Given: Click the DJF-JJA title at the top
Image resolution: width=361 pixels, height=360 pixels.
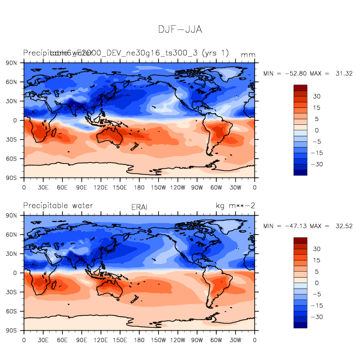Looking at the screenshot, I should coord(180,29).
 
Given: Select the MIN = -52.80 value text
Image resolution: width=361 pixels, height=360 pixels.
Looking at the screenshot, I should coord(286,73).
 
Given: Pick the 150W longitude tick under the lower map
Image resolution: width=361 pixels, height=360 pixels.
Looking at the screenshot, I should coord(158,340).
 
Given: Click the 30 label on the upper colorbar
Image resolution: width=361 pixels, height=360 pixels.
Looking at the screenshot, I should coord(317,96).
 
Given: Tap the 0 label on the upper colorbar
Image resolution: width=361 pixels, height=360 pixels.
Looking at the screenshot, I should coord(317,130).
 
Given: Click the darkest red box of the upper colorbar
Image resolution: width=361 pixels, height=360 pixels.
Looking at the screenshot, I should coord(300,87).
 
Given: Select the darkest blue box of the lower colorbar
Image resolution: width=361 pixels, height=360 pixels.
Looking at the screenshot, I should coord(300,325).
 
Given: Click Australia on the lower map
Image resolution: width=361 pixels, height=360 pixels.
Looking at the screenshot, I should coord(112,286).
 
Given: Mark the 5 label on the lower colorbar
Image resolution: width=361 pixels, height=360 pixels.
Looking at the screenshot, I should coord(317,271).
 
